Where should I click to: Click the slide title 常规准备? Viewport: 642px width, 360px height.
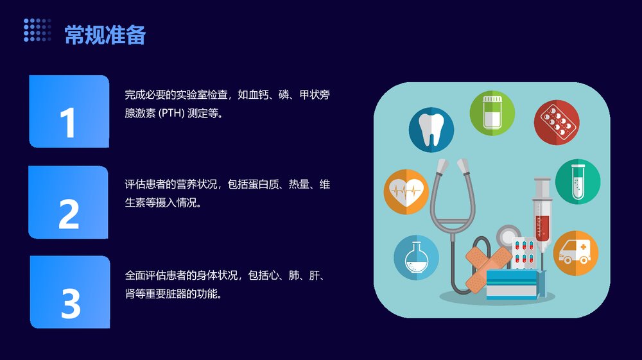coord(105,35)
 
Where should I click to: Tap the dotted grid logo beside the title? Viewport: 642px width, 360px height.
coord(37,30)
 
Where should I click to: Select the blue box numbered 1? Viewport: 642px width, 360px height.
coord(69,112)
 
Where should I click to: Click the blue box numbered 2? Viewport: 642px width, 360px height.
coord(69,202)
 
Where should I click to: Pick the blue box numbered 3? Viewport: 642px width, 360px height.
coord(70,292)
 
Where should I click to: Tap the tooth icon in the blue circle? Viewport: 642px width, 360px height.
coord(431,129)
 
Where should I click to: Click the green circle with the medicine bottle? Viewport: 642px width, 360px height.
coord(492,114)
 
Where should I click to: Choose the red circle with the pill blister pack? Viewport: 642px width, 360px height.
coord(557,121)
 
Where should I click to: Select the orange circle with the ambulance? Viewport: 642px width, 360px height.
coord(575,253)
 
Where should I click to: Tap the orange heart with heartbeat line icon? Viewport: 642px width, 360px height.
coord(406,191)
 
